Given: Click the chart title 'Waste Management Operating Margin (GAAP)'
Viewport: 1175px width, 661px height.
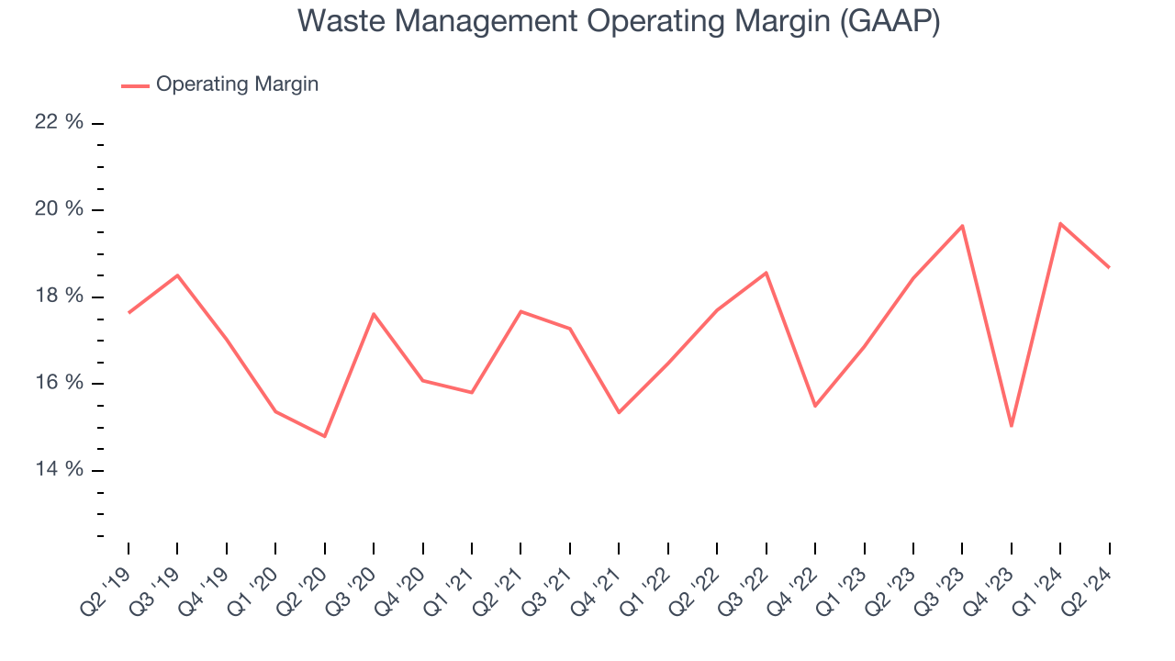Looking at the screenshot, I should pyautogui.click(x=619, y=22).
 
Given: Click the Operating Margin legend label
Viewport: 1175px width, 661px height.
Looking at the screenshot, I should pyautogui.click(x=237, y=84).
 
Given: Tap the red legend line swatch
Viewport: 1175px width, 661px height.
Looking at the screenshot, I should pyautogui.click(x=135, y=85).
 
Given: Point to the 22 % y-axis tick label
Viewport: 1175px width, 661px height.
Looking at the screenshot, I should pyautogui.click(x=60, y=122).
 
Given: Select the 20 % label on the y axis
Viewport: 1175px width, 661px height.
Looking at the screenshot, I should pyautogui.click(x=60, y=209).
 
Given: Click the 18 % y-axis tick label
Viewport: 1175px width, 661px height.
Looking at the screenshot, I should pyautogui.click(x=60, y=297).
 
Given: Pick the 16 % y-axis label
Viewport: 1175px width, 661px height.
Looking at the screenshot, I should pyautogui.click(x=60, y=383).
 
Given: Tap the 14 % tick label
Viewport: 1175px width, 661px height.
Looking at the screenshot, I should pyautogui.click(x=60, y=470).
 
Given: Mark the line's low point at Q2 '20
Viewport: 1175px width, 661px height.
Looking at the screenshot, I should pyautogui.click(x=325, y=436).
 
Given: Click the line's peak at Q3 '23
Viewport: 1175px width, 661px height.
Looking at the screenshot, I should pyautogui.click(x=962, y=226).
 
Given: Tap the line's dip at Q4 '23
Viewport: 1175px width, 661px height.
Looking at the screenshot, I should pyautogui.click(x=1012, y=426).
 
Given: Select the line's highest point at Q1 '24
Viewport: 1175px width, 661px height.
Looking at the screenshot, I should pyautogui.click(x=1060, y=223).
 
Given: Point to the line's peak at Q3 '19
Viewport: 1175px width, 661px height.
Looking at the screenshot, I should pyautogui.click(x=177, y=275).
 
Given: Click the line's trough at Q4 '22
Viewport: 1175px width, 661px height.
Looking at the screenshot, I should pyautogui.click(x=815, y=406).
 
